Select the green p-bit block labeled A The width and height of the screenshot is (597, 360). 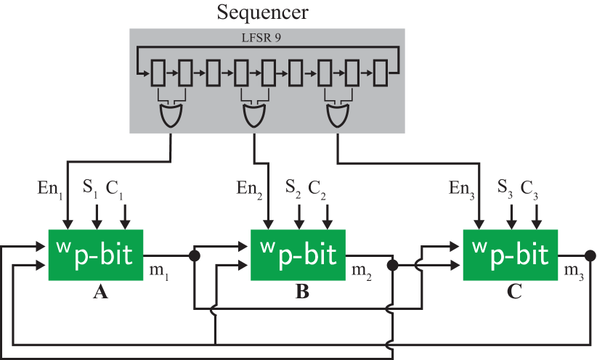pyautogui.click(x=96, y=255)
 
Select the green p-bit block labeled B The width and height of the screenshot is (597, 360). pyautogui.click(x=298, y=255)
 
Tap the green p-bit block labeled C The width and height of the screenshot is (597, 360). pyautogui.click(x=511, y=255)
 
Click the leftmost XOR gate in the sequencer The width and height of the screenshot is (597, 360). pyautogui.click(x=170, y=114)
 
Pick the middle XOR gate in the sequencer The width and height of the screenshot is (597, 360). pyautogui.click(x=253, y=114)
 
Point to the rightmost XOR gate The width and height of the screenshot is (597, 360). pyautogui.click(x=337, y=114)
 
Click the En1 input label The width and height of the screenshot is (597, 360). pyautogui.click(x=50, y=189)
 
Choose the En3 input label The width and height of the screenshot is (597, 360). pyautogui.click(x=461, y=189)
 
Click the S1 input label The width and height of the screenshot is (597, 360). pyautogui.click(x=91, y=188)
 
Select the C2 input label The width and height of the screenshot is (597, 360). pyautogui.click(x=317, y=188)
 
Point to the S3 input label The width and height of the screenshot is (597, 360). pyautogui.click(x=505, y=188)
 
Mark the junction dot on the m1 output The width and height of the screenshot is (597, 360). pyautogui.click(x=194, y=256)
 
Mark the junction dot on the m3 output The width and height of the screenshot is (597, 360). pyautogui.click(x=590, y=255)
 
